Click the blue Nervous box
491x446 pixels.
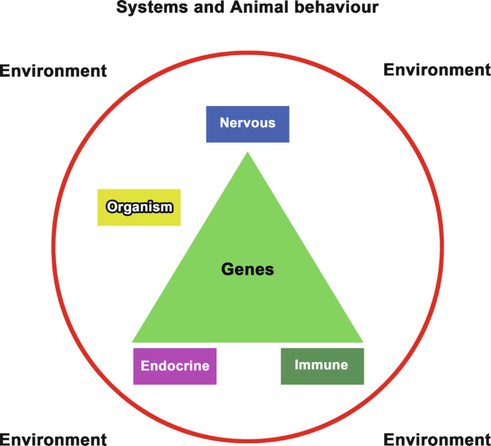coord(247,124)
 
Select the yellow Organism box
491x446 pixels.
coord(139,207)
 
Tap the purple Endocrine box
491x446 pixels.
coord(175,366)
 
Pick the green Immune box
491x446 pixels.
coord(322,366)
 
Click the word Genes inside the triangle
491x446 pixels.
coord(247,270)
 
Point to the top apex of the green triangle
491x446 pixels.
coord(248,153)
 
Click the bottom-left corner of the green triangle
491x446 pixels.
coord(133,341)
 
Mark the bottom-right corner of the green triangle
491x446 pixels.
coord(363,341)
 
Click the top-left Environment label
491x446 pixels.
coord(54,71)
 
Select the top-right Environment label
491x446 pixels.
coord(437,70)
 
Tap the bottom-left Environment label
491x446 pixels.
coord(54,439)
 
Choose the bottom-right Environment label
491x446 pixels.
coord(437,439)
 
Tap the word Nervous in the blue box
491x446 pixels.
coord(247,123)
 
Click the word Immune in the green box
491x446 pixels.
coord(322,365)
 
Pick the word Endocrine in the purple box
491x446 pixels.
coord(175,366)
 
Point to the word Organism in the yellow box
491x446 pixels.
coord(139,207)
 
